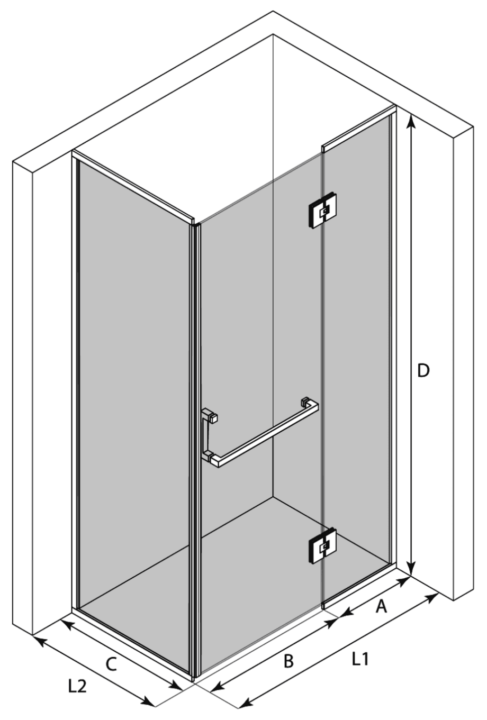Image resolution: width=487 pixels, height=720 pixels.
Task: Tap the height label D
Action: [423, 371]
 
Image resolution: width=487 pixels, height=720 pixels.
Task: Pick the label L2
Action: [77, 687]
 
